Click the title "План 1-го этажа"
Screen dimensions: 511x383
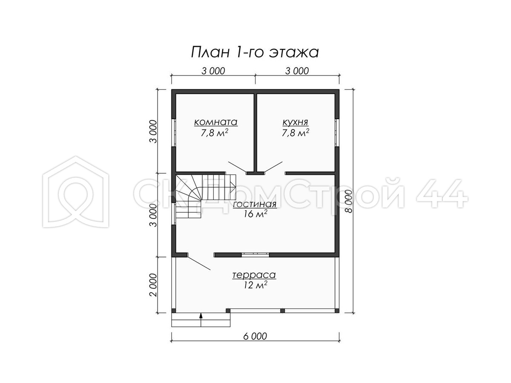point(255,52)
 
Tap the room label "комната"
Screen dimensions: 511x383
point(215,122)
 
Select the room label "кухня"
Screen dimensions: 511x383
point(295,122)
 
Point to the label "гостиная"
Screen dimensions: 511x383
point(255,204)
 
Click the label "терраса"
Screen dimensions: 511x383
point(254,275)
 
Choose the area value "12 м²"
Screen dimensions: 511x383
point(255,285)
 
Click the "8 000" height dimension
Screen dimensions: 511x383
point(348,201)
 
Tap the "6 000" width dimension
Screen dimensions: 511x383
point(255,336)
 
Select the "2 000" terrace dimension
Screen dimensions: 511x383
point(153,285)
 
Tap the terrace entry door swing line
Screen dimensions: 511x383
point(199,263)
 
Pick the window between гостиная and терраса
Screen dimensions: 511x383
point(255,254)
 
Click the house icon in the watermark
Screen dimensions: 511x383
point(76,191)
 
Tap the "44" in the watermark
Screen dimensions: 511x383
point(442,193)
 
